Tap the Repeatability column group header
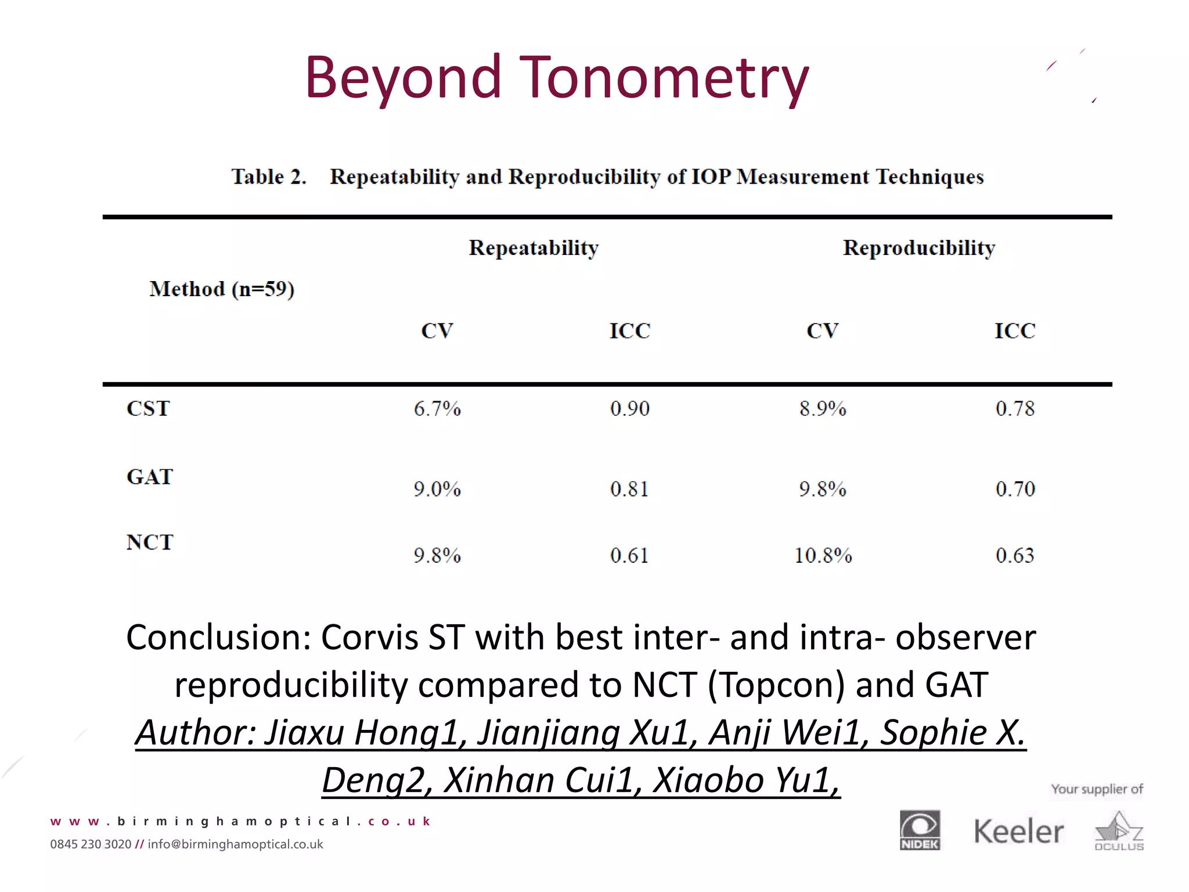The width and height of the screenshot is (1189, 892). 534,248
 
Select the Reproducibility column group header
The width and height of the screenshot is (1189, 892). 919,248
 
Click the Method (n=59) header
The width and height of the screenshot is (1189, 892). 222,289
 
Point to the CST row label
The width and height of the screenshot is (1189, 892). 149,409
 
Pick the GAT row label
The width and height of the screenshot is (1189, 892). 150,477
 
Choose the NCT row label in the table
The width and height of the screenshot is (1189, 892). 150,542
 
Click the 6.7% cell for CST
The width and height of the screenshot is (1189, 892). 437,409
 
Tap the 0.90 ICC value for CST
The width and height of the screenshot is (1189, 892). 630,409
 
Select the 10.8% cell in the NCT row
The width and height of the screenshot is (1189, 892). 823,556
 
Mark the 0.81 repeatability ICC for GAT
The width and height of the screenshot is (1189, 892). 629,489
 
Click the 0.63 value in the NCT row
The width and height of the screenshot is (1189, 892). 1015,556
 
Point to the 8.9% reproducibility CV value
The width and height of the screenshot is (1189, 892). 823,409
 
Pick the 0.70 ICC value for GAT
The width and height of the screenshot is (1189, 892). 1015,489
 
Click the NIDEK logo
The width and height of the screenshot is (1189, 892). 920,830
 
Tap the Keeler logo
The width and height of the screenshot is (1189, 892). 1019,832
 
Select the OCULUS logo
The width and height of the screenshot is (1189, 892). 1119,832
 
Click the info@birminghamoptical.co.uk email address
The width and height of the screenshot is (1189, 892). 235,844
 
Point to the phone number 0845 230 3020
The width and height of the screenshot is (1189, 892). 91,844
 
